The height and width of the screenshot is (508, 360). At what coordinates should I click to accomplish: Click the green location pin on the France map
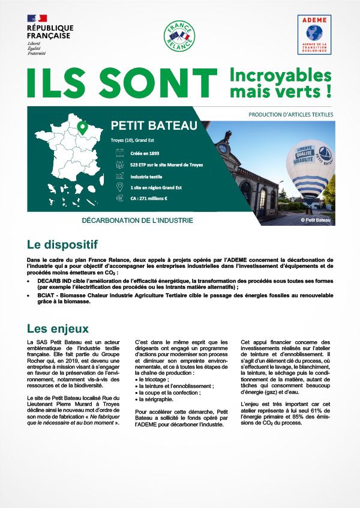pyautogui.click(x=83, y=128)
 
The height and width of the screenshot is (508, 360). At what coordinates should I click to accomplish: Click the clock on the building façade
pyautogui.click(x=223, y=148)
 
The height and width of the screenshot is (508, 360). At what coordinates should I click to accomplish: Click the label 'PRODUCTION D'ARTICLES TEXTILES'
pyautogui.click(x=290, y=114)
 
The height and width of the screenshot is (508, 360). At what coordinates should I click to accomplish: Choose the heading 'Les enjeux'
pyautogui.click(x=58, y=328)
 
